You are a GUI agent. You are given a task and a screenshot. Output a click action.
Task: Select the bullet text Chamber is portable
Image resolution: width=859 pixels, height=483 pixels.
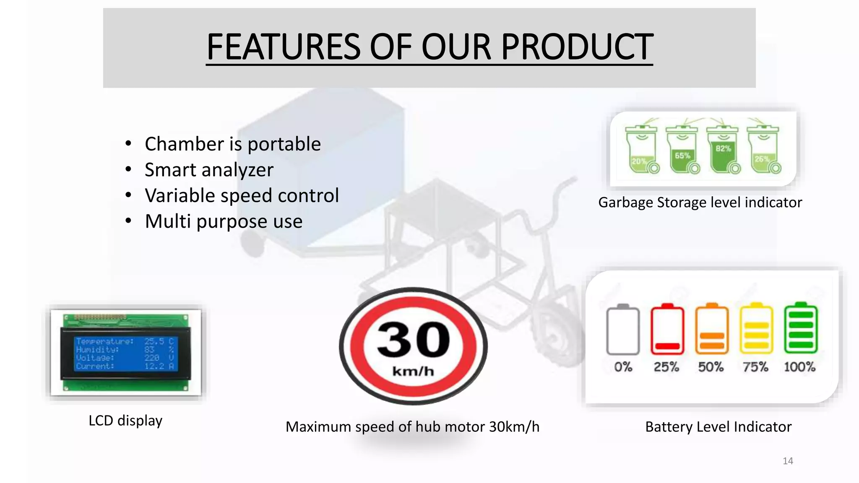click(x=232, y=144)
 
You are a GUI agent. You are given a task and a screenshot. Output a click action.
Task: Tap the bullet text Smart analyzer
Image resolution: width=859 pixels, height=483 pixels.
click(x=209, y=170)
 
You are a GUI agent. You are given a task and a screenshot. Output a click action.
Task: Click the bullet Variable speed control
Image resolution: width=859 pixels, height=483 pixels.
click(x=242, y=195)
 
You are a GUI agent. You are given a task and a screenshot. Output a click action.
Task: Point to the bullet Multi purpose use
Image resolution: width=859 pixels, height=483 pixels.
click(x=223, y=221)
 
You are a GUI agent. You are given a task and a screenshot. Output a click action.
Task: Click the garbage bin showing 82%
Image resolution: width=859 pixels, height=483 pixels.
click(x=723, y=150)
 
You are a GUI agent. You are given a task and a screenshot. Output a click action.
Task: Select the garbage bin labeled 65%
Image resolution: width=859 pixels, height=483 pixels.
click(x=682, y=151)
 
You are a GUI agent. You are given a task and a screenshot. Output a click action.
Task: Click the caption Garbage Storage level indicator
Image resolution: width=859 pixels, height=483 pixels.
click(x=700, y=203)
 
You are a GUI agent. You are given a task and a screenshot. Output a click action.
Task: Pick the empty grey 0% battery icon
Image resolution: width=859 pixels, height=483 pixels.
click(x=623, y=330)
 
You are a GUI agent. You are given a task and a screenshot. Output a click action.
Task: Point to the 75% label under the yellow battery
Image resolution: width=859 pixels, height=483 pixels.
click(x=755, y=367)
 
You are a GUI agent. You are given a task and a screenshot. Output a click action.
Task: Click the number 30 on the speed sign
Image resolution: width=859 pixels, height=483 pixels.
click(x=413, y=340)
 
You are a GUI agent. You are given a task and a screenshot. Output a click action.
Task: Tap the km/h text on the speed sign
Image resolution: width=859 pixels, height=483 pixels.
click(x=413, y=371)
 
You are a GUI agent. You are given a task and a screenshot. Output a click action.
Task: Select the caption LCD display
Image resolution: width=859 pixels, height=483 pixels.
click(x=125, y=421)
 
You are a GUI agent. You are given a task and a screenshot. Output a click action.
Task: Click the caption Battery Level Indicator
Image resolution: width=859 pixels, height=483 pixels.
click(x=718, y=427)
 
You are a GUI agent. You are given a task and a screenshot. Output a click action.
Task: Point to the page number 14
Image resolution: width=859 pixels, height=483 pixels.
click(x=788, y=461)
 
